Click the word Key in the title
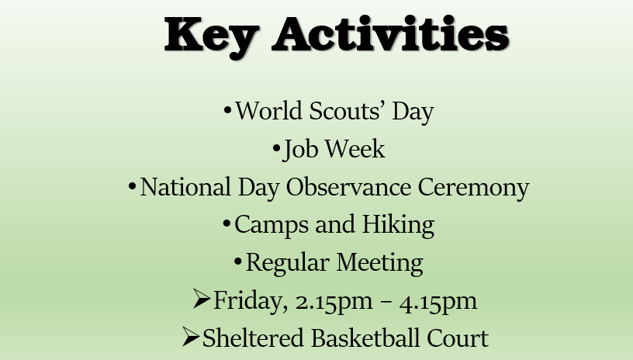click(212, 37)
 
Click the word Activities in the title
click(390, 33)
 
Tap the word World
click(268, 111)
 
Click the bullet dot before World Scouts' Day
click(227, 110)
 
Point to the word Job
click(300, 149)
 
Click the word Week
click(355, 148)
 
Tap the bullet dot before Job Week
click(276, 148)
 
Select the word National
click(185, 187)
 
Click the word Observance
click(348, 187)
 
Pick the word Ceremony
click(473, 188)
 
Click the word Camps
click(272, 226)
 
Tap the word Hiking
click(398, 225)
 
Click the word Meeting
click(379, 263)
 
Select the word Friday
click(251, 301)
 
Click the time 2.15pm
click(334, 302)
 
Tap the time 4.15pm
click(438, 302)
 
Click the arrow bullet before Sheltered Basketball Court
click(191, 337)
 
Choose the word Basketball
click(365, 337)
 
